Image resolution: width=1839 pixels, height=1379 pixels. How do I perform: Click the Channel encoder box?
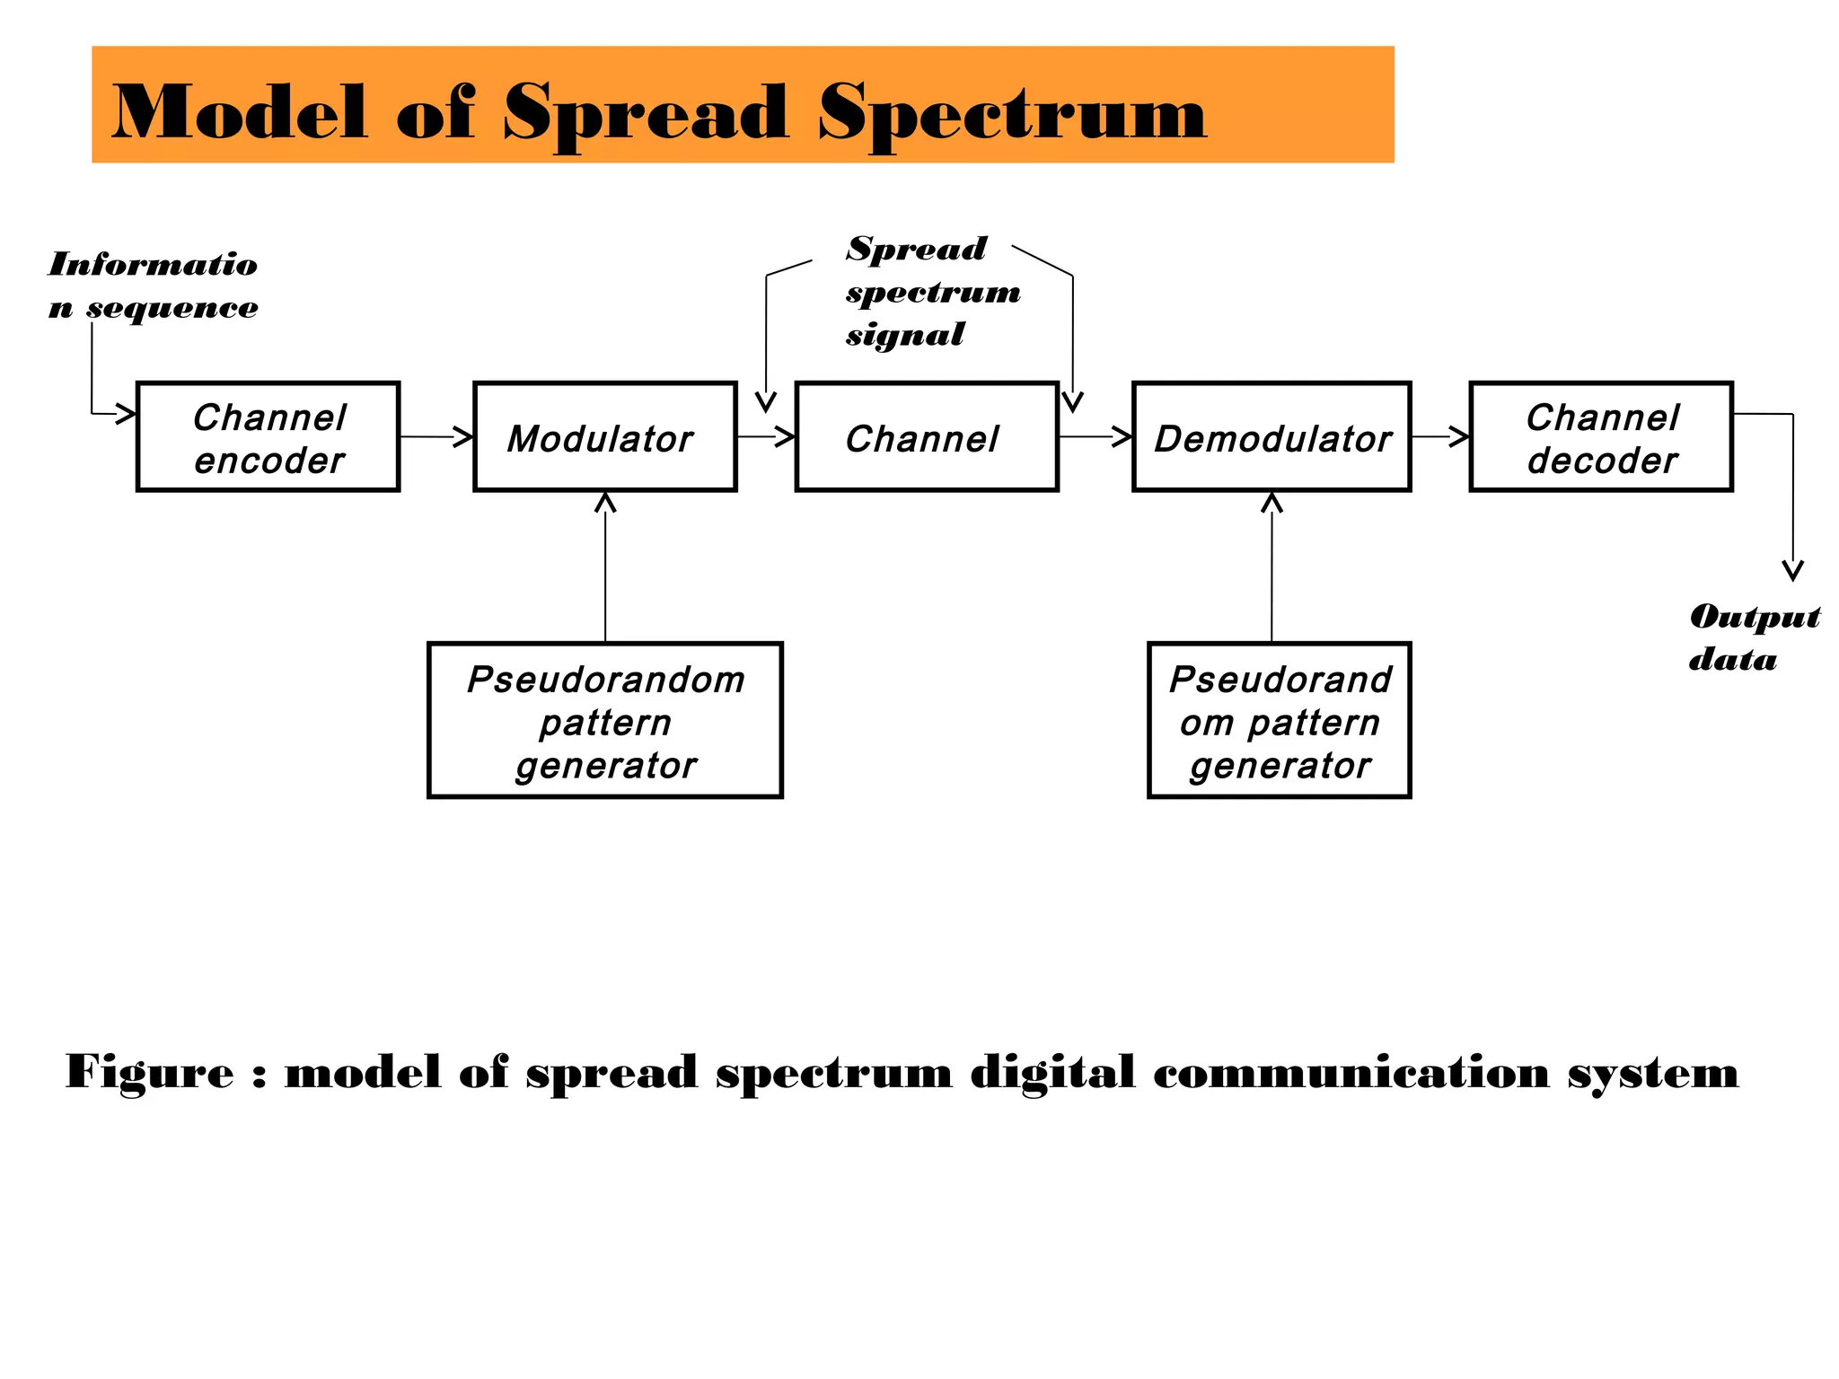click(x=268, y=437)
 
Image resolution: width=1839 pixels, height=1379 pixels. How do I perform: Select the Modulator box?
click(x=604, y=437)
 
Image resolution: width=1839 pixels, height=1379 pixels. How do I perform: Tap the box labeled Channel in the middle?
click(x=926, y=437)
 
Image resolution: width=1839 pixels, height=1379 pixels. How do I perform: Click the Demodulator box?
click(x=1271, y=437)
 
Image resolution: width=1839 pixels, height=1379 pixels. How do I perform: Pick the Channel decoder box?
click(x=1600, y=437)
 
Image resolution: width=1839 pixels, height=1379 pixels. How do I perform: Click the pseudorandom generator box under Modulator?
click(x=604, y=720)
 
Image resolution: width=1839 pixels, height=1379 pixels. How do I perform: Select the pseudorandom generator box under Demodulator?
click(x=1279, y=720)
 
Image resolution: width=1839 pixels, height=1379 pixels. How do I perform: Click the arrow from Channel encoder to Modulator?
click(x=436, y=437)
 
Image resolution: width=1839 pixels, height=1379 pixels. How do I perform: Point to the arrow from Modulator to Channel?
click(x=766, y=437)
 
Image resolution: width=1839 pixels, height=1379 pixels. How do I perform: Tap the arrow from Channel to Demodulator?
click(x=1095, y=437)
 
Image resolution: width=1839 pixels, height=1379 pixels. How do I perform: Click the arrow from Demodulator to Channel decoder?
click(x=1440, y=437)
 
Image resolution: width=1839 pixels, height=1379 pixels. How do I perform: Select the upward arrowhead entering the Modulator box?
click(x=605, y=503)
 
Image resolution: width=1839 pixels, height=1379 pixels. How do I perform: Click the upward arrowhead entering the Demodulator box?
click(x=1271, y=503)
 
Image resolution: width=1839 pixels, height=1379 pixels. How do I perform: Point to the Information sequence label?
click(x=153, y=285)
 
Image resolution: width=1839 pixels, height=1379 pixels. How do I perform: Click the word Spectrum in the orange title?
click(x=1011, y=114)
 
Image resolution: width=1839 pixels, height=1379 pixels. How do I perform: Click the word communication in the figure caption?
click(x=1351, y=1073)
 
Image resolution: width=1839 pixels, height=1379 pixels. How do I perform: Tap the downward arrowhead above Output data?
click(x=1792, y=571)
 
